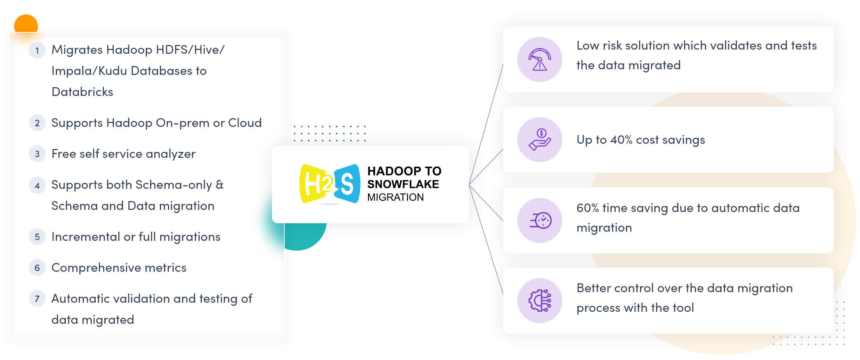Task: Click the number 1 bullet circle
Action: point(37,50)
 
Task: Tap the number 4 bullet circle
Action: point(37,185)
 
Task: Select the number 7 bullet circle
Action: point(37,299)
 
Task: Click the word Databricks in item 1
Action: point(82,92)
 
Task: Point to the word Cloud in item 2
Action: point(245,123)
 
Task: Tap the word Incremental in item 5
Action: point(86,237)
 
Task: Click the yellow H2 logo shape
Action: point(317,184)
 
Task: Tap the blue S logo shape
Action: point(347,184)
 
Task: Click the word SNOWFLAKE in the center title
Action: point(403,184)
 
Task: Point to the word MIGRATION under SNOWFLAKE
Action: point(395,197)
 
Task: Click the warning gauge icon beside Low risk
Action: point(540,59)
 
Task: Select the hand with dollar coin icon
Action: point(540,140)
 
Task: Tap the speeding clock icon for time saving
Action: point(541,220)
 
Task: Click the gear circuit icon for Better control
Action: point(540,301)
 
